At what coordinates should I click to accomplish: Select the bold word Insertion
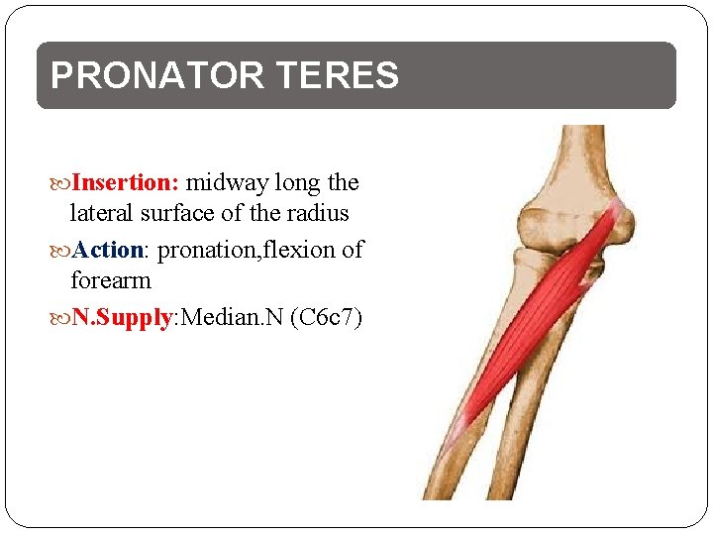point(125,182)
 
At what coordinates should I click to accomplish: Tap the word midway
point(227,182)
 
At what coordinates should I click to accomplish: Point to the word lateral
point(102,213)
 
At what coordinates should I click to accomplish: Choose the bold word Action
point(108,250)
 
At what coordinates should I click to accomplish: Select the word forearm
point(111,280)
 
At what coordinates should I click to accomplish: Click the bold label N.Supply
point(122,318)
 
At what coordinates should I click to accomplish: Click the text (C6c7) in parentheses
point(327,318)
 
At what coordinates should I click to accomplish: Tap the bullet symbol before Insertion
point(62,183)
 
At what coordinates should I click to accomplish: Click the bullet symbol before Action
point(62,251)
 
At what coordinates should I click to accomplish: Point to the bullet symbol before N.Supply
point(62,318)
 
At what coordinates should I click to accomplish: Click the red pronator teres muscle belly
point(550,307)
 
